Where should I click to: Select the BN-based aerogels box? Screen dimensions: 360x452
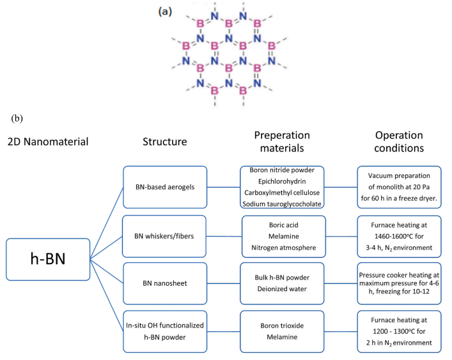[x=164, y=187]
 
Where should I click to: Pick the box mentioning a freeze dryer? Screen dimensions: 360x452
[x=401, y=187]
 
